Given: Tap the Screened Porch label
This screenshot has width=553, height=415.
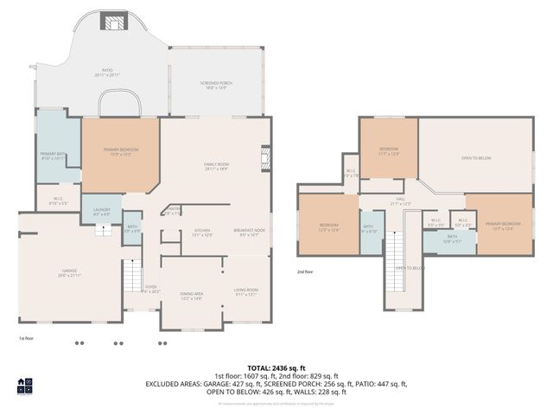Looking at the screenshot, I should click(x=215, y=84).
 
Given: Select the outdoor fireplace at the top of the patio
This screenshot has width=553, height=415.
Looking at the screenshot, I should click(x=112, y=22).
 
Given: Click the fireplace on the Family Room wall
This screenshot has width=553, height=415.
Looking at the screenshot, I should click(x=265, y=158).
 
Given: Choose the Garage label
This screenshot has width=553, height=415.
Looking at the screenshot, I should click(x=68, y=274).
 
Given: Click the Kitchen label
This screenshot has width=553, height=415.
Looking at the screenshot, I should click(x=201, y=232).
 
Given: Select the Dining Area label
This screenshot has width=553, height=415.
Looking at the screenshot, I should click(x=191, y=297).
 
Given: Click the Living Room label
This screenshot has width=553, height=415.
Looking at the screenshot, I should click(x=246, y=291).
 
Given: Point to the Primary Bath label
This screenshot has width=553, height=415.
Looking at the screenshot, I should click(x=53, y=156).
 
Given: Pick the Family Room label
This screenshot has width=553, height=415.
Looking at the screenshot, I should click(x=216, y=166).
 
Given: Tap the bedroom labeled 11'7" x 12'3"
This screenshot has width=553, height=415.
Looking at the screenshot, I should click(x=389, y=151).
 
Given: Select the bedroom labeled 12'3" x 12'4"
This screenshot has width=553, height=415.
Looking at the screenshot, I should click(x=328, y=227).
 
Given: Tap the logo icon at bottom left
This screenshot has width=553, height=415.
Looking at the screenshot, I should click(x=24, y=385).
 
